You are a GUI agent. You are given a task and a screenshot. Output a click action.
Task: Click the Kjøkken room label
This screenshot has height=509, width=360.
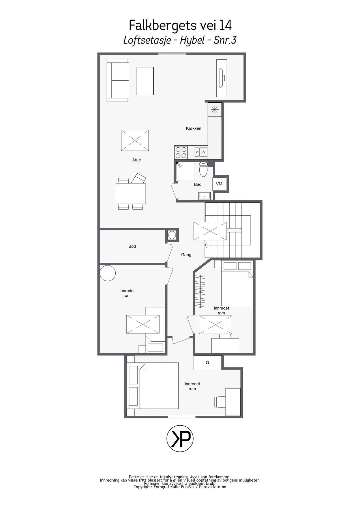193,128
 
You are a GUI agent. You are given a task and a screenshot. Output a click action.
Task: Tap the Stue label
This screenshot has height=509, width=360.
136,160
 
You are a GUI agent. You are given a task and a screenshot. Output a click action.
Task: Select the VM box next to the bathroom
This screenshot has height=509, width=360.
219,184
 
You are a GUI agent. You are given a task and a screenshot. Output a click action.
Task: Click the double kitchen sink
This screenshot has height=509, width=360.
201,152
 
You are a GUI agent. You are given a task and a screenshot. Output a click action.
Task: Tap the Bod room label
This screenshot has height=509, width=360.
132,246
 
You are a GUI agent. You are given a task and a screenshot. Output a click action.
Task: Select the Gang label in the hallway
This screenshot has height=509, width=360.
186,255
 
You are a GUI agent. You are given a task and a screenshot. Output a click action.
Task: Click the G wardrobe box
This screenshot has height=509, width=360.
208,363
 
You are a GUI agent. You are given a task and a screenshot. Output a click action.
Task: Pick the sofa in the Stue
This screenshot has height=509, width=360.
118,80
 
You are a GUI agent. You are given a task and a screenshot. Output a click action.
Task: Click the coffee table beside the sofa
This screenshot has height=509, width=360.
145,81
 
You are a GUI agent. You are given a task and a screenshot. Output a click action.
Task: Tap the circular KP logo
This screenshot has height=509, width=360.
180,438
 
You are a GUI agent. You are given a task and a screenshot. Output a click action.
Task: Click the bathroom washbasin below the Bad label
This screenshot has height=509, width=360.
204,196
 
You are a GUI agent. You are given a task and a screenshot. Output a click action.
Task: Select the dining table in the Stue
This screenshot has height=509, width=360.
131,194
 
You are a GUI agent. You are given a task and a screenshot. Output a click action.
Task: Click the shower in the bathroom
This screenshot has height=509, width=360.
186,171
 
